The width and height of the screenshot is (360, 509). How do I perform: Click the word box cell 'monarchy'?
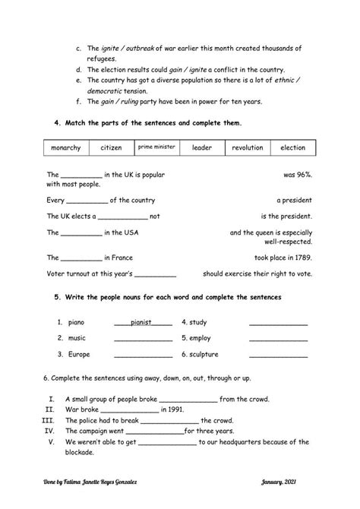[65, 147]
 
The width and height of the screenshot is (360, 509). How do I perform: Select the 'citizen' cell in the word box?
[111, 147]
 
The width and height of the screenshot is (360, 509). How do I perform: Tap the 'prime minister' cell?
[156, 146]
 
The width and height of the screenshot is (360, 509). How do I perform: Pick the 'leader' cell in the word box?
[202, 147]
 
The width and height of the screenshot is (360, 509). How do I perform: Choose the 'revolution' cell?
[248, 147]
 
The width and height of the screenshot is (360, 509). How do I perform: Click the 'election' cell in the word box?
[292, 147]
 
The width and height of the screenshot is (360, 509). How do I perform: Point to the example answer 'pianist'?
[141, 322]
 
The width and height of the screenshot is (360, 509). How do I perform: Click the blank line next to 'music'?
[143, 339]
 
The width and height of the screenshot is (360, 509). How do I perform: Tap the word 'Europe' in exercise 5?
[79, 355]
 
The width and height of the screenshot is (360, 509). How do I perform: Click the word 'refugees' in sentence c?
[103, 58]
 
